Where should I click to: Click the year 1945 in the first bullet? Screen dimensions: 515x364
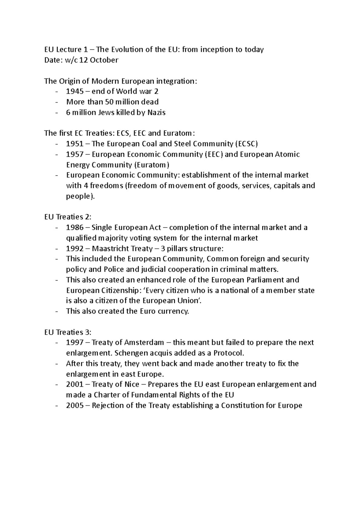click(75, 91)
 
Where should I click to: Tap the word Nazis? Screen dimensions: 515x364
click(156, 113)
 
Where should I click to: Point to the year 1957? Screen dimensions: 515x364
click(75, 154)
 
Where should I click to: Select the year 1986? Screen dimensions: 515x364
click(75, 227)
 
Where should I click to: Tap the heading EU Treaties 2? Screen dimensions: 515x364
click(68, 217)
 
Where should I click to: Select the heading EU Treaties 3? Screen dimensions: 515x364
click(68, 332)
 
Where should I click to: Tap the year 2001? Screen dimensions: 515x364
click(75, 385)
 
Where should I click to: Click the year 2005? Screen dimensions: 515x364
click(75, 406)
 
